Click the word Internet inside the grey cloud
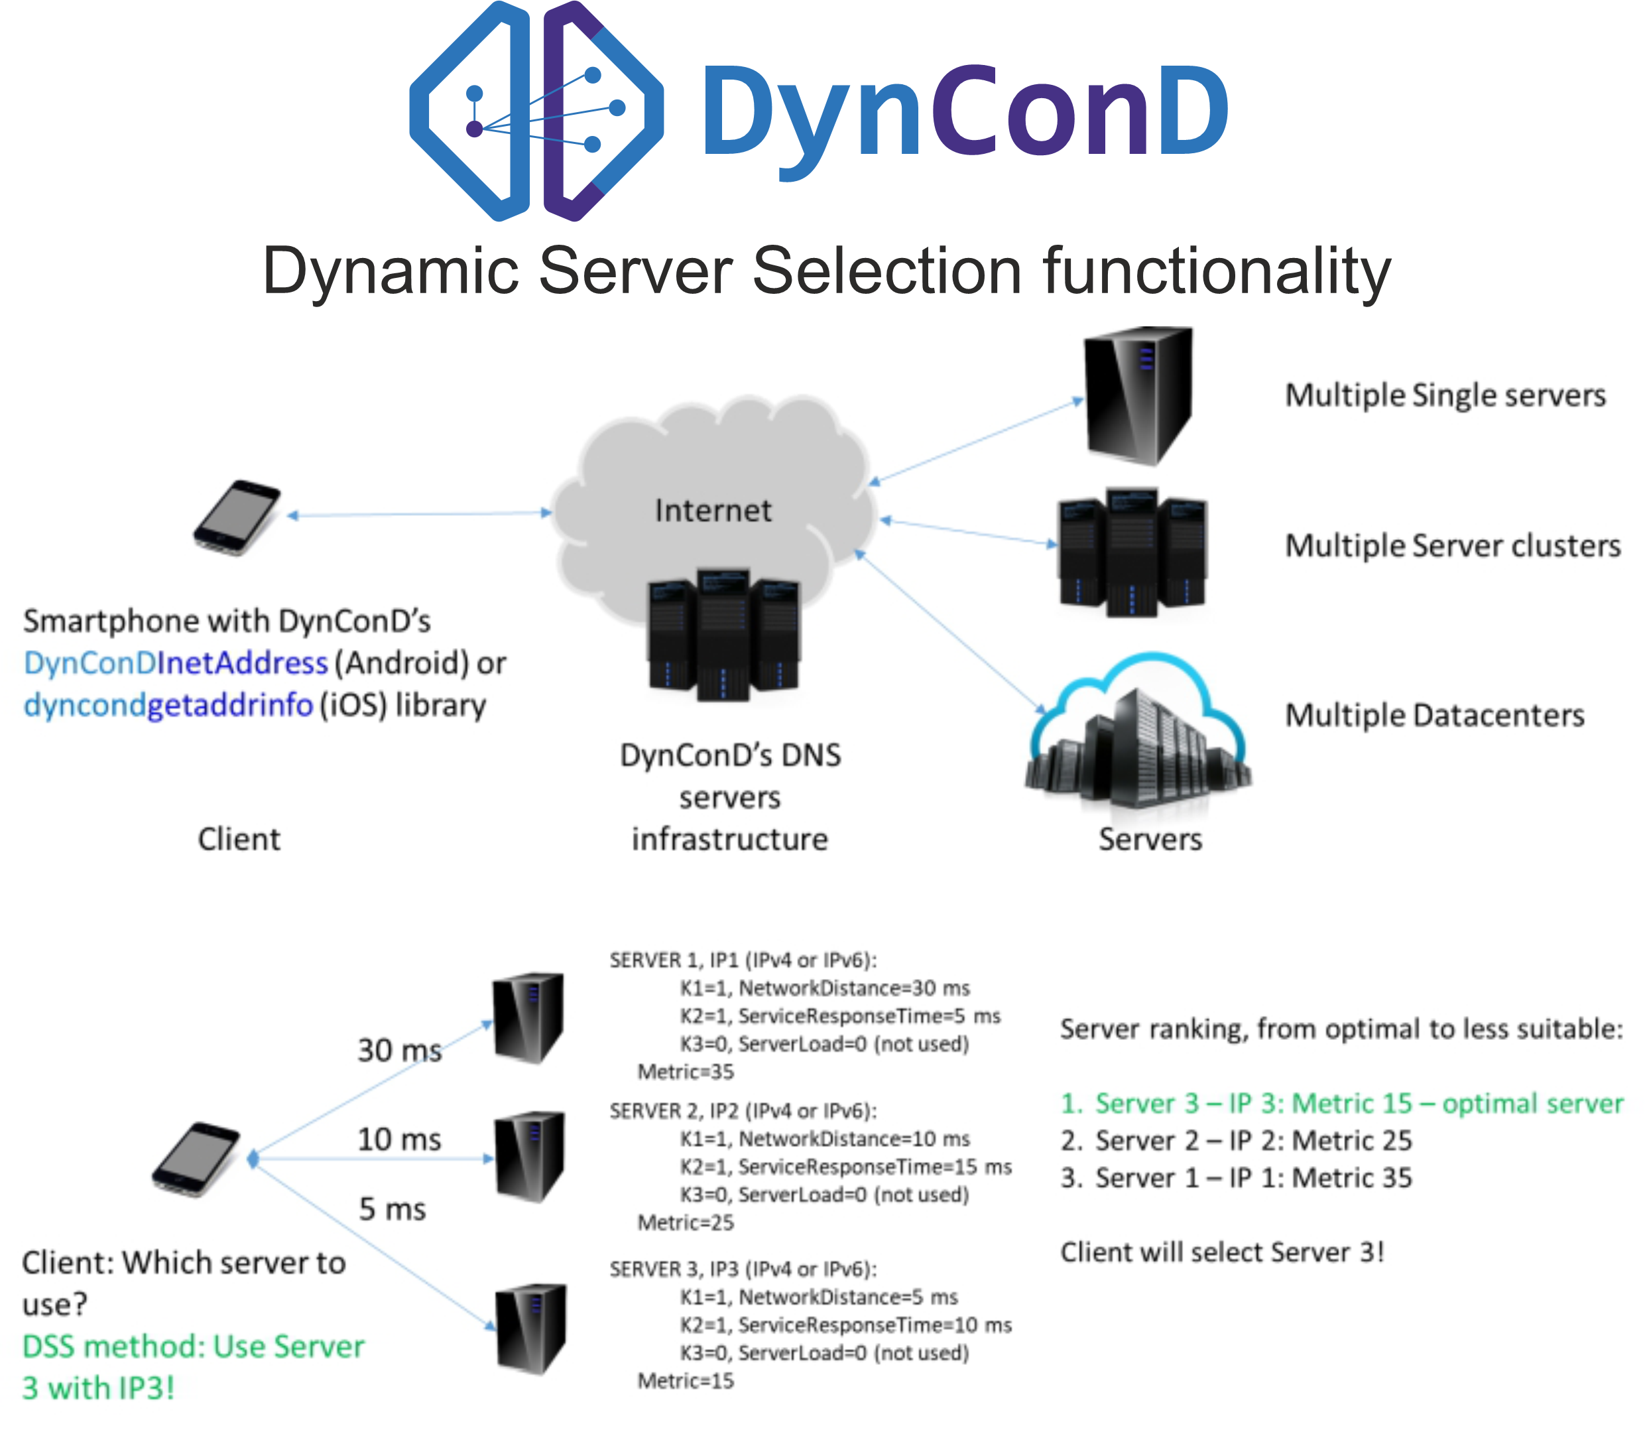click(712, 511)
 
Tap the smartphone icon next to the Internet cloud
click(236, 517)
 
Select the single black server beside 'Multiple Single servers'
click(1138, 396)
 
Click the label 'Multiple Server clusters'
click(1452, 546)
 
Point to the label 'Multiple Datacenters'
click(1434, 715)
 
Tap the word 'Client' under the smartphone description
click(239, 840)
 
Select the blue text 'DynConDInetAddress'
click(176, 663)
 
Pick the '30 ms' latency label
click(399, 1050)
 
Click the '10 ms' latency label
click(399, 1139)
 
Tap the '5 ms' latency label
click(392, 1209)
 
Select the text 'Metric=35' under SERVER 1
click(686, 1072)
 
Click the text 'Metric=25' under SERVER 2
click(686, 1222)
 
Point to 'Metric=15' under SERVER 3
click(686, 1380)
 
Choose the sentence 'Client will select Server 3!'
click(1221, 1252)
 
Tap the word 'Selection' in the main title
click(886, 271)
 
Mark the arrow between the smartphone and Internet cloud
click(420, 515)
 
